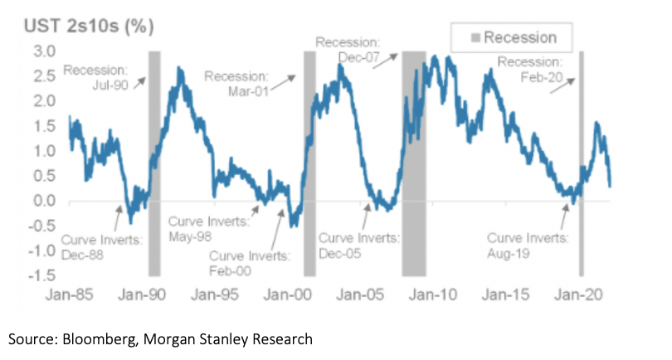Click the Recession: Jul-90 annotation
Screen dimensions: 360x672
click(x=95, y=76)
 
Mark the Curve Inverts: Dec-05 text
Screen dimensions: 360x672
click(x=360, y=246)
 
